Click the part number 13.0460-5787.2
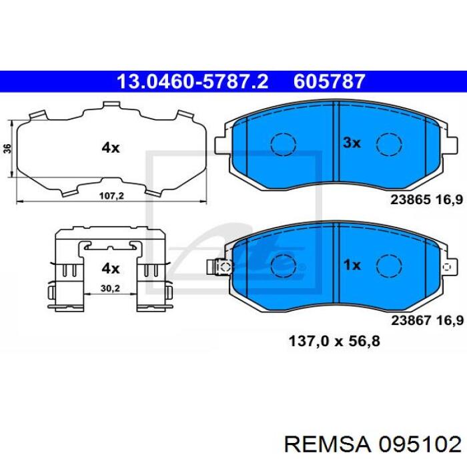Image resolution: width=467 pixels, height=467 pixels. tap(192, 81)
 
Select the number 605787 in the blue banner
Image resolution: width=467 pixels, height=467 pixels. tap(330, 81)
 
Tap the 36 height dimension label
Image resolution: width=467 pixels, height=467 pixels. tap(8, 148)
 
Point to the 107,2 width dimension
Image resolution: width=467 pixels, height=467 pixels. tap(111, 196)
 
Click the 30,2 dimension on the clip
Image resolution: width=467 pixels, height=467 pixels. tap(110, 288)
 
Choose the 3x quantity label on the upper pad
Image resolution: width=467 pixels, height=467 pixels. tap(352, 143)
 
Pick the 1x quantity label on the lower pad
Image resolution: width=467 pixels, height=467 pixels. tap(352, 265)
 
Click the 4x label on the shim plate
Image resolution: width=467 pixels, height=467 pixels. tap(111, 147)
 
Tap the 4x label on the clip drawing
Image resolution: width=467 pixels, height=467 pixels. tap(111, 269)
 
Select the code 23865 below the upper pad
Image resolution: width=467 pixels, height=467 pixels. tap(410, 199)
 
